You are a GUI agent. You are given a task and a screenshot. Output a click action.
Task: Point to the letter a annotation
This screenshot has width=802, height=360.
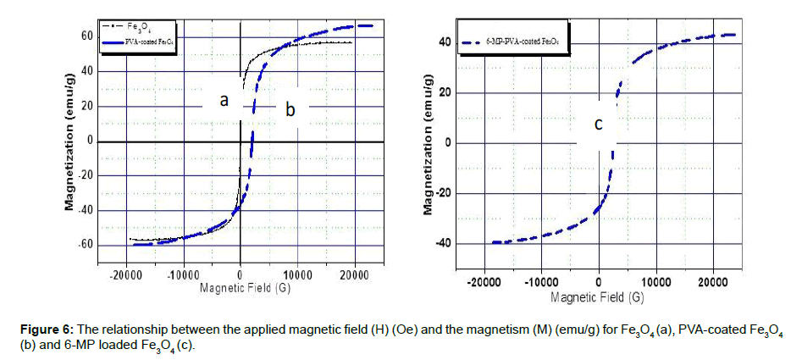tap(224, 101)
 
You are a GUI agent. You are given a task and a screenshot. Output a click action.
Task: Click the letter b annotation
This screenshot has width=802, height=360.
tap(290, 108)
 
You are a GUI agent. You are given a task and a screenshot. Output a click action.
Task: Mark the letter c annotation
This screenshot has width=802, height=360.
tap(598, 125)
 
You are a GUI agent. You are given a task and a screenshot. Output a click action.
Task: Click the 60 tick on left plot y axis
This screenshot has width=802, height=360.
tap(86, 36)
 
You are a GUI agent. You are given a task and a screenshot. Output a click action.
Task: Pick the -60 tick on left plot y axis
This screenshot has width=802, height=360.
tap(85, 246)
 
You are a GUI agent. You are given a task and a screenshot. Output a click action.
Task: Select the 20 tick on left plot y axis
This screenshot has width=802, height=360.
tap(86, 106)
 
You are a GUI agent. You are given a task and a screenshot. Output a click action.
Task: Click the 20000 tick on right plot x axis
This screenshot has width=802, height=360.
tap(711, 283)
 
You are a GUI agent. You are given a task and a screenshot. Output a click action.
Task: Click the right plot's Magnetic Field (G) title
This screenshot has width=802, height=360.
tap(597, 297)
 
